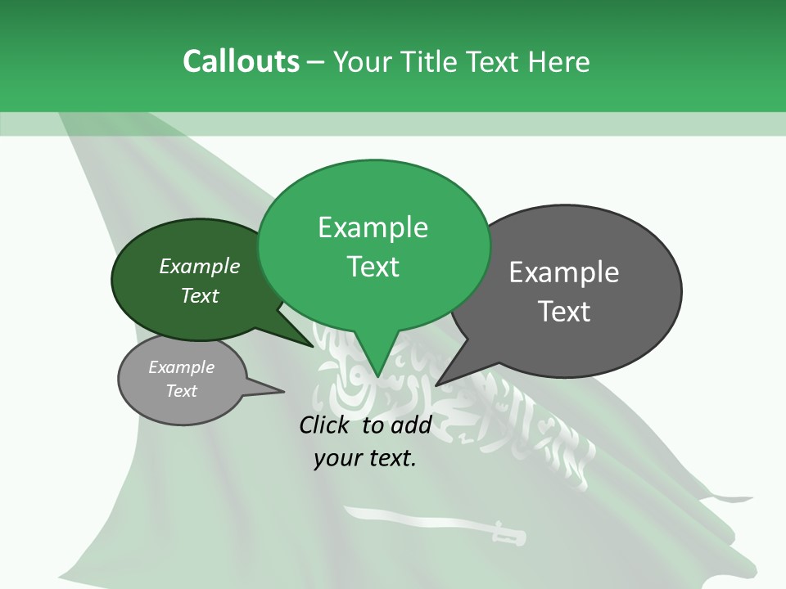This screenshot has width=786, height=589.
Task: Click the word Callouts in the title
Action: (241, 61)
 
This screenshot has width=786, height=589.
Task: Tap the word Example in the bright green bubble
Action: (373, 227)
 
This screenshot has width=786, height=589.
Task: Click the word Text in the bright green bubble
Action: (373, 267)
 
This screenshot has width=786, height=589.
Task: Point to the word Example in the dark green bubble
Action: (200, 266)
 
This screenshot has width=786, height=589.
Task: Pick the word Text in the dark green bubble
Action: (200, 295)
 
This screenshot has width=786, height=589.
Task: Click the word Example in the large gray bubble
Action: (564, 272)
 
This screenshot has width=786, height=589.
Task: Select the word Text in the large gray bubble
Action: (564, 312)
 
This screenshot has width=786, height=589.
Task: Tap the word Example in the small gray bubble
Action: (182, 367)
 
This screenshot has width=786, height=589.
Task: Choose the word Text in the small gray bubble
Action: (182, 391)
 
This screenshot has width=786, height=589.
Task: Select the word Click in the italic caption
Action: (326, 425)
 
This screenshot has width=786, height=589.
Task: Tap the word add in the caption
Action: (412, 425)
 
